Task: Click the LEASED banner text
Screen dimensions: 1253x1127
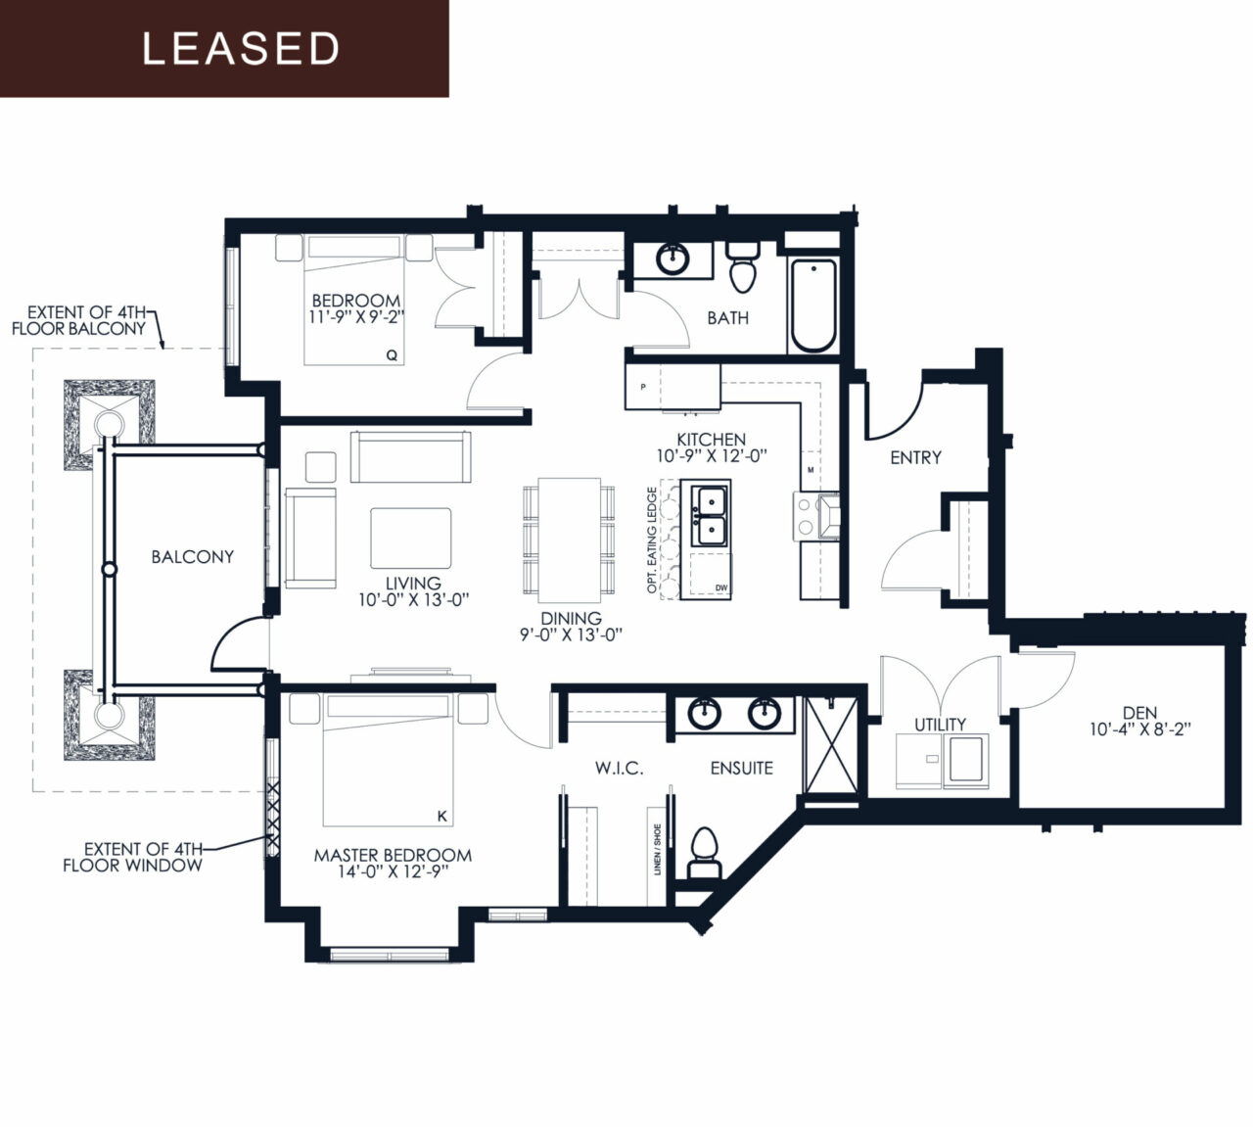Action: point(241,49)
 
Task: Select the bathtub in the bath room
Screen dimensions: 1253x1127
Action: point(813,305)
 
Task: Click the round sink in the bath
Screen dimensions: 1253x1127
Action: point(673,258)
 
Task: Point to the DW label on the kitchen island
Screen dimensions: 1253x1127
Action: point(720,587)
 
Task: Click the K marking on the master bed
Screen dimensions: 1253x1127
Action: point(442,817)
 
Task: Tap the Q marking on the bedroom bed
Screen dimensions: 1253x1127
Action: point(392,355)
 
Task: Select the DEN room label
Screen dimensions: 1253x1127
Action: point(1140,713)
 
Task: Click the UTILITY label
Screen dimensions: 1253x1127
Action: point(940,725)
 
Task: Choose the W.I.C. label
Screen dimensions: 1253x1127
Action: point(619,769)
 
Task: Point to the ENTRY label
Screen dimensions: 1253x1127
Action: point(915,457)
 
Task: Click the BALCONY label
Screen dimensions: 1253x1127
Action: point(193,556)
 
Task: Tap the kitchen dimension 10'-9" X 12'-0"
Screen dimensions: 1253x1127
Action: point(712,456)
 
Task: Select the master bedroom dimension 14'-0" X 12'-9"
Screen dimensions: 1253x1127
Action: point(393,871)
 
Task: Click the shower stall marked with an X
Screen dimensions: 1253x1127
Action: point(831,746)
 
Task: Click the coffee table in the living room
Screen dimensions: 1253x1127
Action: point(410,539)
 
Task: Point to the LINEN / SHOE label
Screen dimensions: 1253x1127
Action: point(657,850)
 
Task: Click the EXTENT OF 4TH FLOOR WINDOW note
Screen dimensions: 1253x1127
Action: point(133,857)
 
